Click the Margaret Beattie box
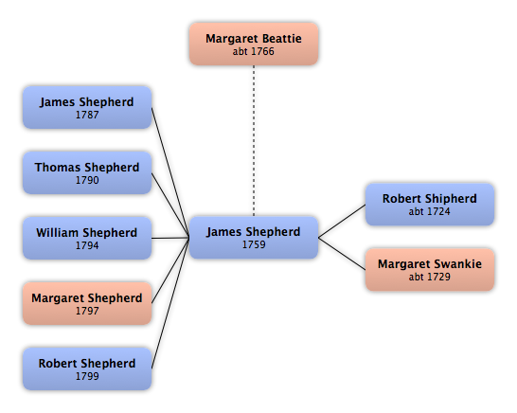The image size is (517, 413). tap(254, 44)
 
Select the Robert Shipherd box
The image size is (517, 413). tap(430, 205)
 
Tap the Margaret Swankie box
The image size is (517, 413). tap(430, 270)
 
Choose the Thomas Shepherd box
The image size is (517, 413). tap(87, 172)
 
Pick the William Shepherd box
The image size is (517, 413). tap(87, 238)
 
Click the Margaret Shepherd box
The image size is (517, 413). tap(87, 303)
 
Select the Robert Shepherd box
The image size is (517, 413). tap(87, 368)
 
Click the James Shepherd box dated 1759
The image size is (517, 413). tap(254, 238)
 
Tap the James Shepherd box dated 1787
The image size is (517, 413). tap(87, 108)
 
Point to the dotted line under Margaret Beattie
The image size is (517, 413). tap(254, 141)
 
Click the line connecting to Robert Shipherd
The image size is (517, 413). tap(342, 221)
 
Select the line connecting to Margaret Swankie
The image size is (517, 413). tap(342, 254)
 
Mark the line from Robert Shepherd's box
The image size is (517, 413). tap(170, 303)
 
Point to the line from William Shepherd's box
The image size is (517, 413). tap(170, 238)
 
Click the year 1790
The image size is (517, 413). tap(87, 180)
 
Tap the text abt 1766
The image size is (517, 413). tap(253, 51)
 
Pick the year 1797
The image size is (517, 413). tap(87, 311)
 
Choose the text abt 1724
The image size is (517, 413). tap(429, 211)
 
